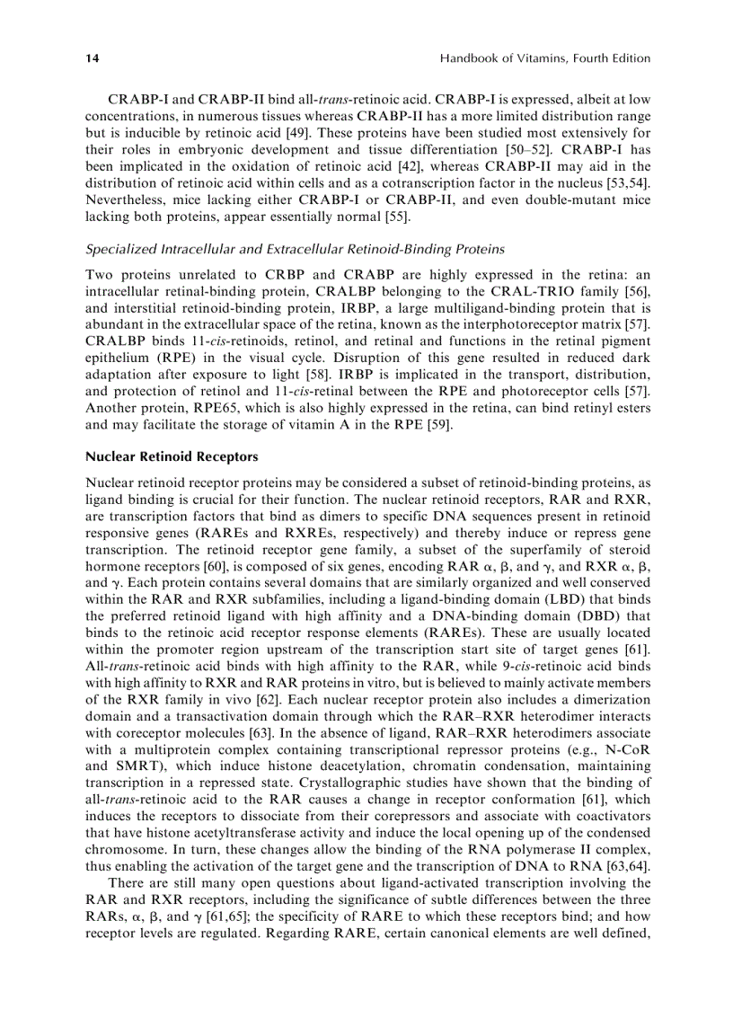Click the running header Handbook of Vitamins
pos(544,58)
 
